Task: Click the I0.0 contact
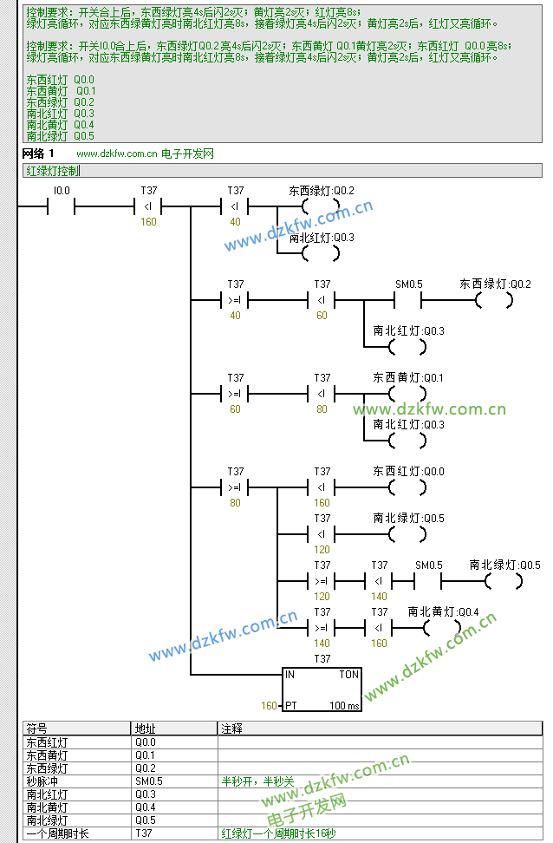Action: pyautogui.click(x=61, y=206)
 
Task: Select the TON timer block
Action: pyautogui.click(x=322, y=689)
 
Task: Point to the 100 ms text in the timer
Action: pyautogui.click(x=344, y=706)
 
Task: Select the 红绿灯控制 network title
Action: pyautogui.click(x=54, y=171)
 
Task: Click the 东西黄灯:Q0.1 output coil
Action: pyautogui.click(x=407, y=395)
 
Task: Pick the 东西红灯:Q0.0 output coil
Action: pyautogui.click(x=407, y=487)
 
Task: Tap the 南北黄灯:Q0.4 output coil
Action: pyautogui.click(x=441, y=627)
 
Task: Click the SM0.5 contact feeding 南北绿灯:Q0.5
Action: pyautogui.click(x=428, y=581)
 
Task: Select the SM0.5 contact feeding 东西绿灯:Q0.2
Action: pyautogui.click(x=408, y=300)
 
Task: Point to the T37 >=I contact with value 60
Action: pyautogui.click(x=235, y=394)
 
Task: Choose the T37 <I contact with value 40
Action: pyautogui.click(x=235, y=206)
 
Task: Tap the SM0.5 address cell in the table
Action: pyautogui.click(x=148, y=781)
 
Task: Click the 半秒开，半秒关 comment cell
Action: pyautogui.click(x=257, y=781)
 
